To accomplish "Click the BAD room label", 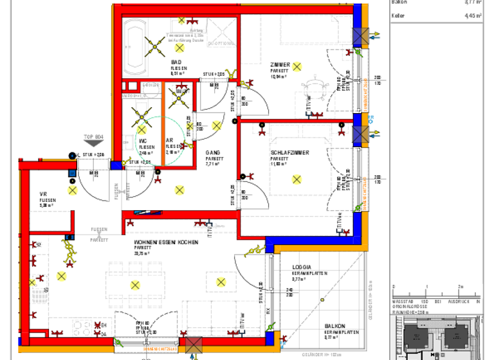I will pos(176,62).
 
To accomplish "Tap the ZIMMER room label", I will pos(280,65).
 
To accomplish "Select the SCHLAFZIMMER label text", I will pos(289,152).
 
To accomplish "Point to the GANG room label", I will pos(212,152).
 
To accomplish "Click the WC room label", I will pos(143,141).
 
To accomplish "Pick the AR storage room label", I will pos(170,141).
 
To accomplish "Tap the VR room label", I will pos(44,194).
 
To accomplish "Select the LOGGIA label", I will pos(302,266).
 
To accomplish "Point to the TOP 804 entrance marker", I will pos(93,137).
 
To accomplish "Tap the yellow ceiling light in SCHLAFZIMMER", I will pos(297,179).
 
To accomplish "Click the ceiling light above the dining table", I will pos(135,285).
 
